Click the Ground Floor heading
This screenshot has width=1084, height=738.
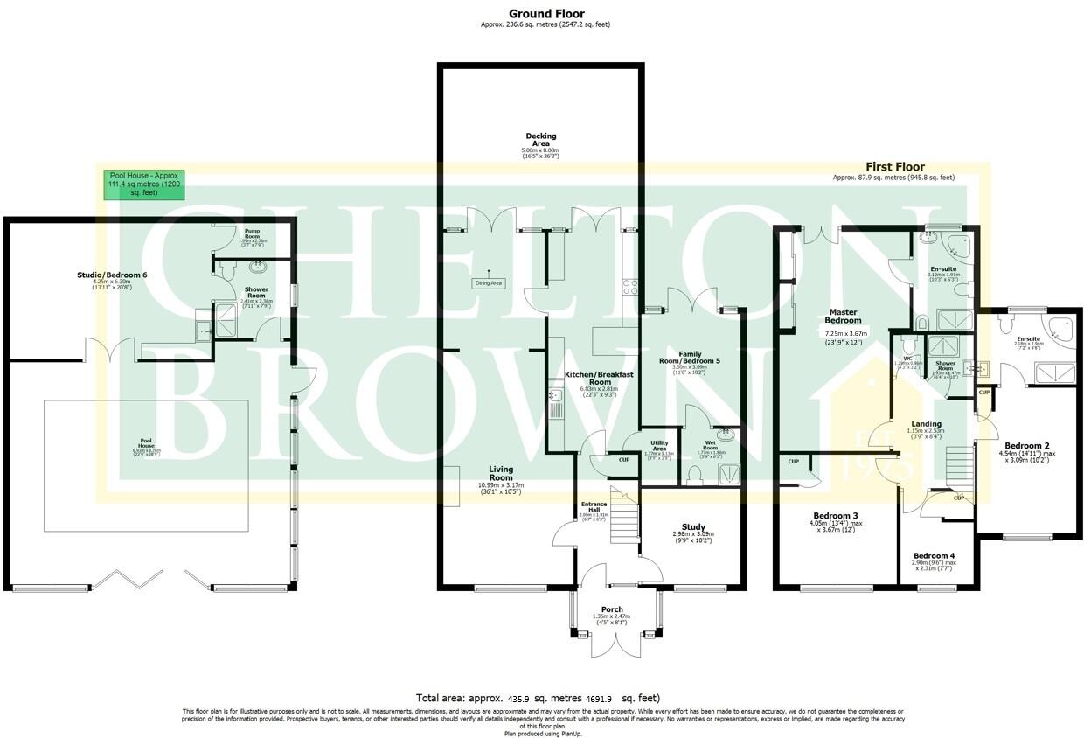(x=546, y=14)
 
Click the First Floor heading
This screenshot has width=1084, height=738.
(x=895, y=167)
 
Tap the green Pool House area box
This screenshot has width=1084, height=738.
(x=143, y=184)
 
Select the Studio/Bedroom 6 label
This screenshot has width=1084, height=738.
(x=112, y=275)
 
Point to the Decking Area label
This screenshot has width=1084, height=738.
(x=540, y=140)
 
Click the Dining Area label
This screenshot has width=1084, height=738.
(x=488, y=283)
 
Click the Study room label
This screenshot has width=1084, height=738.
(x=693, y=527)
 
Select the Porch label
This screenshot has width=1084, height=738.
(x=612, y=609)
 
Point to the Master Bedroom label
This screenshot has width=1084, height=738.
(x=844, y=316)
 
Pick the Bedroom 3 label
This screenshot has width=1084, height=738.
(x=836, y=516)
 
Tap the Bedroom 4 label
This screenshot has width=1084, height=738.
(x=934, y=556)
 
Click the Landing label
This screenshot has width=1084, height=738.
(x=926, y=424)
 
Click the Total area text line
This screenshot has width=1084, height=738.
(x=538, y=698)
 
